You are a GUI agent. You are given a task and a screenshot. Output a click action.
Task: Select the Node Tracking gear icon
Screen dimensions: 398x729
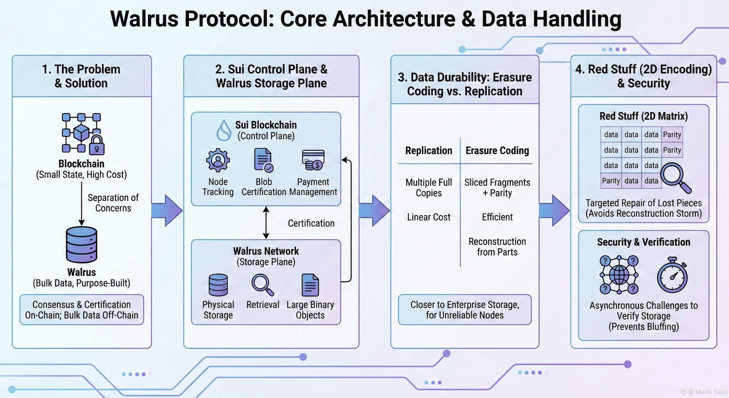tap(218, 160)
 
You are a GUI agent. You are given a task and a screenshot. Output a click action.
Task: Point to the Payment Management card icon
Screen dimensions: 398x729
tap(313, 160)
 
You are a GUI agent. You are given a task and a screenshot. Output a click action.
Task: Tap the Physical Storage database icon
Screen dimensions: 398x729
tap(218, 285)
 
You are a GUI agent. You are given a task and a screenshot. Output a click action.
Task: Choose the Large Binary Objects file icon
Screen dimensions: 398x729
tap(310, 285)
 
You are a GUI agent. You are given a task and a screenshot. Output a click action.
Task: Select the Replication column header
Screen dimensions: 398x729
tap(429, 151)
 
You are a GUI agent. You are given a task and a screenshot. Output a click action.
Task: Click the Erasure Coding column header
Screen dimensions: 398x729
tap(497, 151)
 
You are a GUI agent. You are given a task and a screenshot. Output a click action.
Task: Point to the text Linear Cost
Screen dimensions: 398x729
tap(429, 217)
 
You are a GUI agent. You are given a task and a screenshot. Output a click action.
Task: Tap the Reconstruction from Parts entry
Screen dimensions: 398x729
tap(497, 247)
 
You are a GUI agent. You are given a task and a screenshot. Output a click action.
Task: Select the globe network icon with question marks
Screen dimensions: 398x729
tap(619, 275)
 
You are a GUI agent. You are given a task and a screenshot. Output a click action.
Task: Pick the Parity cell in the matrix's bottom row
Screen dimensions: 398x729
tap(611, 181)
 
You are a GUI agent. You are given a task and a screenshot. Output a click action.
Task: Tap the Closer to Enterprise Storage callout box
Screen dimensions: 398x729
tap(465, 310)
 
